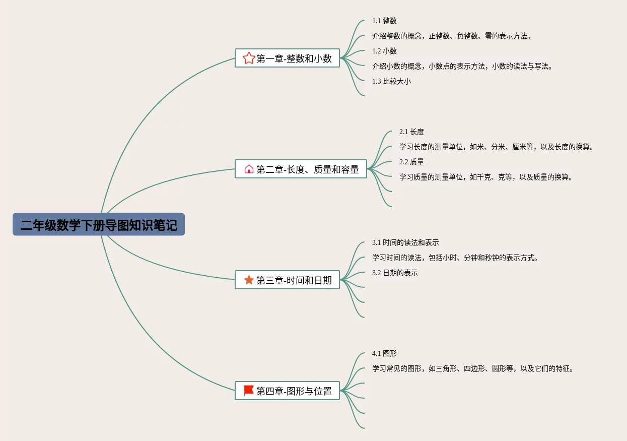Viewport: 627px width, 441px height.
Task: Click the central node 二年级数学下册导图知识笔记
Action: (99, 224)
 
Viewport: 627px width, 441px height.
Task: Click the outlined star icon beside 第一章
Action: (249, 58)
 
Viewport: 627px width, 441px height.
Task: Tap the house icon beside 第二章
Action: (249, 169)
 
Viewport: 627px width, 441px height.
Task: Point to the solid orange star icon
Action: (249, 280)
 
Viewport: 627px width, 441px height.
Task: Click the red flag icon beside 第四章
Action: (249, 391)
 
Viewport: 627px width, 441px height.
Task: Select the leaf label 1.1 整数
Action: (384, 21)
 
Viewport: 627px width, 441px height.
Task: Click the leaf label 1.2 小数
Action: (384, 51)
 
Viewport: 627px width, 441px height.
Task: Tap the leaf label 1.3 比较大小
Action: (391, 81)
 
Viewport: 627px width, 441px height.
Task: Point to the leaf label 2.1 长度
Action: (411, 132)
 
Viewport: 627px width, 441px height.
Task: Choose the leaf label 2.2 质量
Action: (411, 162)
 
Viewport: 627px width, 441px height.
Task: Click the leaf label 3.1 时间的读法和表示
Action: (405, 242)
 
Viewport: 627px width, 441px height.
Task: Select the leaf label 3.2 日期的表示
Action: (395, 273)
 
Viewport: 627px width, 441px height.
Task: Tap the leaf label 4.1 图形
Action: (384, 353)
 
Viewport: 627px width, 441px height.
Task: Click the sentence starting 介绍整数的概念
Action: (452, 36)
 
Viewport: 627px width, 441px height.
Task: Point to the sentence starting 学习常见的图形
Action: (473, 368)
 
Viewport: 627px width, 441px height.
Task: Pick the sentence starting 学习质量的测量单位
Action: (486, 177)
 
